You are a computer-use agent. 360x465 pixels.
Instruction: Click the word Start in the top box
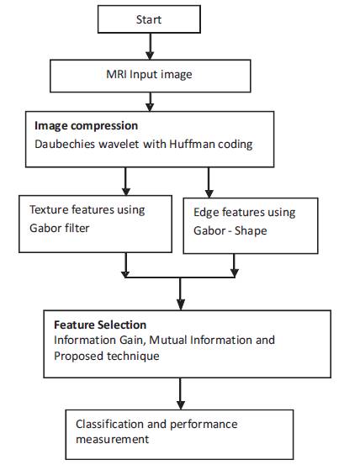tap(149, 19)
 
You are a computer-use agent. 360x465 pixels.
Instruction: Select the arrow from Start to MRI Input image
tap(150, 46)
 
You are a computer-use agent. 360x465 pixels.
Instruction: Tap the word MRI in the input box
tap(116, 74)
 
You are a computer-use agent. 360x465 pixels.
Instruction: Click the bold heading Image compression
tap(86, 126)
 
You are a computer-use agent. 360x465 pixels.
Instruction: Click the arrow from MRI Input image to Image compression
tap(150, 102)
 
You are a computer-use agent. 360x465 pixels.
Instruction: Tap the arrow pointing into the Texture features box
tap(126, 181)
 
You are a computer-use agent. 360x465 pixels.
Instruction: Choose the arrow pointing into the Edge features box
tap(209, 182)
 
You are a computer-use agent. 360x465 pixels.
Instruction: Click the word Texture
tap(49, 209)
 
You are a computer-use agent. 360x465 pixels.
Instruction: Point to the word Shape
tap(251, 230)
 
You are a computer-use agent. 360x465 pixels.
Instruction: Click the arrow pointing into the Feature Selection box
tap(181, 294)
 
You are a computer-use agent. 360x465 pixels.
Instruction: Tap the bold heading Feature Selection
tap(100, 325)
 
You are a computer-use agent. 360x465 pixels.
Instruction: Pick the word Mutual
tap(168, 340)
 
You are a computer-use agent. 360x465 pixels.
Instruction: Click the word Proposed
tap(78, 356)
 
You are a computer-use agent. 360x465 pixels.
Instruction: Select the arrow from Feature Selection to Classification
tap(181, 394)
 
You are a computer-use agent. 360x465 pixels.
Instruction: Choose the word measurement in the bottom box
tap(113, 439)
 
